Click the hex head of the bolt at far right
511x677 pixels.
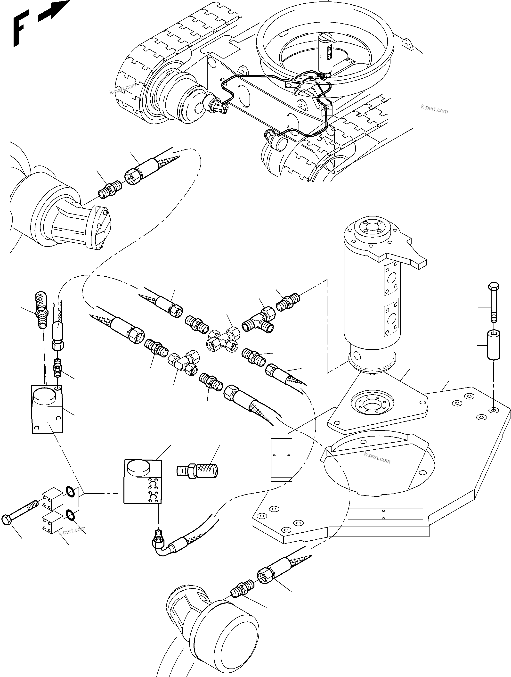click(493, 287)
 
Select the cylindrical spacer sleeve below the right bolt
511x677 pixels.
click(493, 345)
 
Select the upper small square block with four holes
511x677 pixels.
click(52, 499)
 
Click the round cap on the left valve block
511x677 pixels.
click(44, 395)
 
